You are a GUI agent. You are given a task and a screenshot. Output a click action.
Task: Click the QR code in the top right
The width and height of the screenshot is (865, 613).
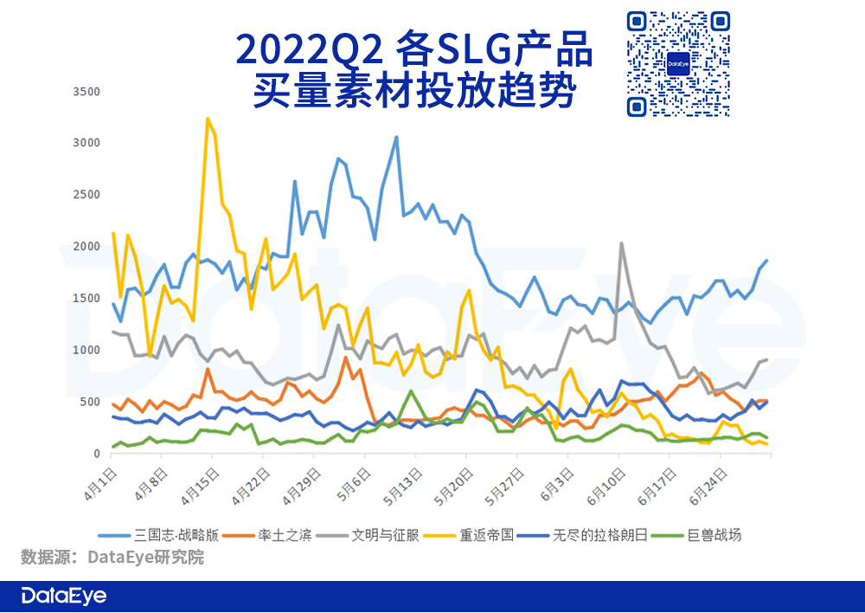point(677,64)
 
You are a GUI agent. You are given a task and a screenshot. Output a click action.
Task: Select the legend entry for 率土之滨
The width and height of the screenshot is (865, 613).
point(283,535)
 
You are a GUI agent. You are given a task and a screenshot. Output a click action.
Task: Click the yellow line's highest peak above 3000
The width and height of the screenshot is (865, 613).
point(208,119)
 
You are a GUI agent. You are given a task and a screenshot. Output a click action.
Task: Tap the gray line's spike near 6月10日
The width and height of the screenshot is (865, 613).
point(621,243)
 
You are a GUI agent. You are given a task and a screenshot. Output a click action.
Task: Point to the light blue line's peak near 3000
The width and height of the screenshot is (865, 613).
point(396,137)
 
